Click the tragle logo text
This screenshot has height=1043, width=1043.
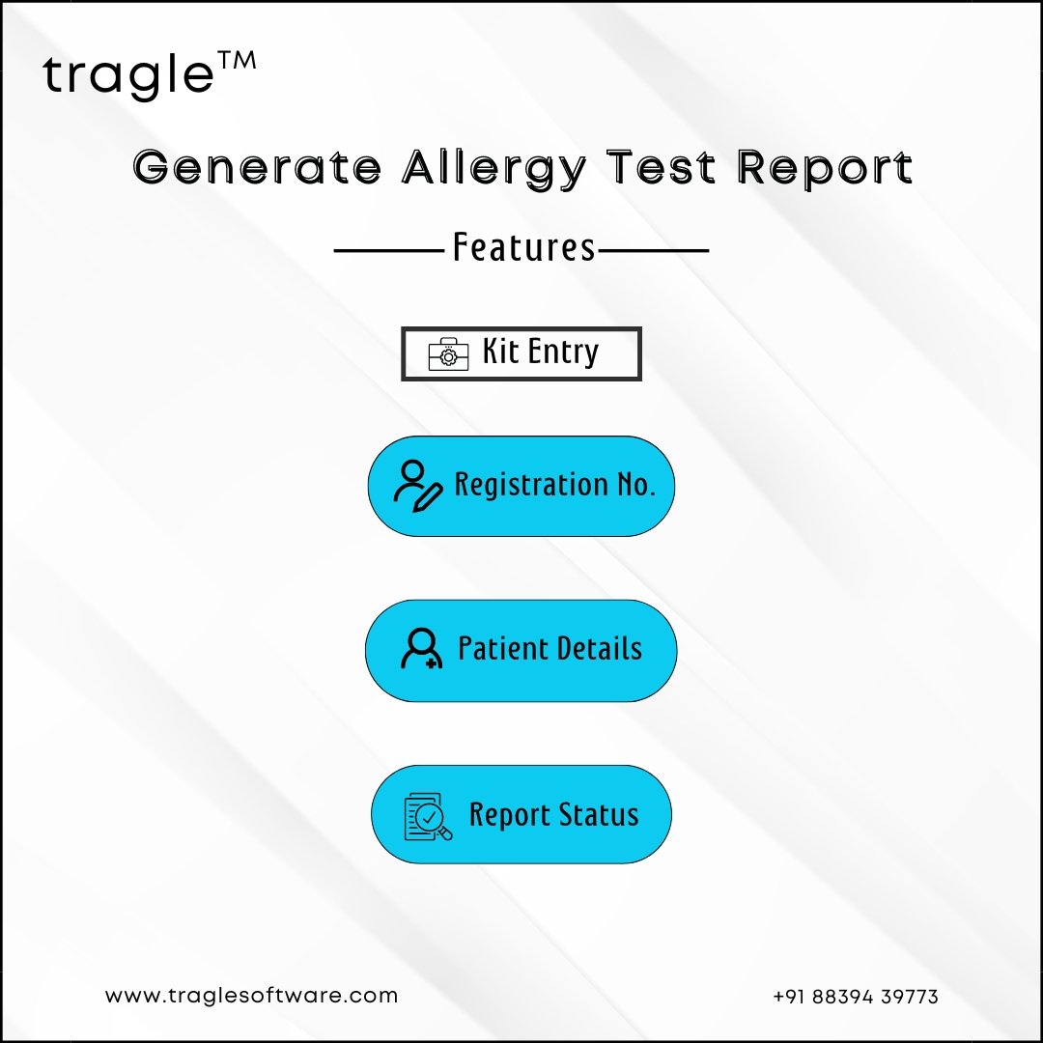tap(128, 76)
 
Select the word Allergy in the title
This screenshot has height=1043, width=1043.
tap(494, 169)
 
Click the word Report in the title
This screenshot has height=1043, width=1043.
tap(825, 169)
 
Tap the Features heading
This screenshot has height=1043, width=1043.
tap(523, 247)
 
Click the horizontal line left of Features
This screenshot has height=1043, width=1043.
tap(389, 251)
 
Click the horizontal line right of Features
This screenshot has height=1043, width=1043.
tap(653, 251)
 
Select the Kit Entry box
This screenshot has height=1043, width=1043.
tap(521, 353)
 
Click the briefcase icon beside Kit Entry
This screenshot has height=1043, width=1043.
tap(448, 353)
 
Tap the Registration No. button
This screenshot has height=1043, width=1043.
tap(521, 486)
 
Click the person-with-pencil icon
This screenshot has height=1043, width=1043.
tap(418, 486)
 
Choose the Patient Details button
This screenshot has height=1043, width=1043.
tap(521, 651)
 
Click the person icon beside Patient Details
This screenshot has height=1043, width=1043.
tap(422, 648)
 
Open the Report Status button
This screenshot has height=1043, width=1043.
tap(521, 814)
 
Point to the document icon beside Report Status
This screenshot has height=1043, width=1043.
tap(428, 816)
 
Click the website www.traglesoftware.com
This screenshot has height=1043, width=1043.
tap(251, 996)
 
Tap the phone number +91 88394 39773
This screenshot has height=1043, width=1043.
tap(856, 997)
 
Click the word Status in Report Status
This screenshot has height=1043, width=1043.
tap(598, 814)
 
